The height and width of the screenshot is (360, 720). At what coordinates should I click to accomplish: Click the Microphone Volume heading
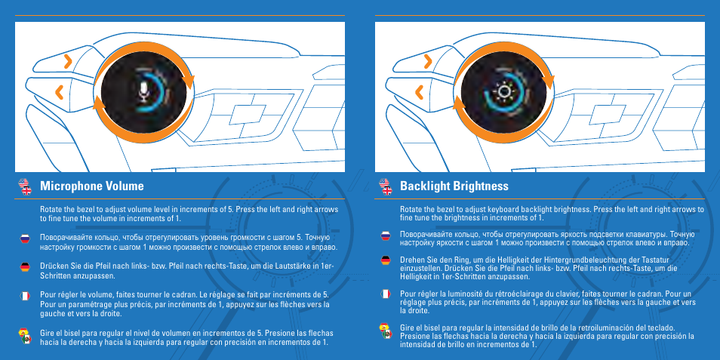91,186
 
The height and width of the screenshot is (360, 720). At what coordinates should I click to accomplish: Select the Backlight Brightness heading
454,186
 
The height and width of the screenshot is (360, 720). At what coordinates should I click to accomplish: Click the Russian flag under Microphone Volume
24,238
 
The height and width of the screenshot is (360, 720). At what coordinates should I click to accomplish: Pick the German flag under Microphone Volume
24,266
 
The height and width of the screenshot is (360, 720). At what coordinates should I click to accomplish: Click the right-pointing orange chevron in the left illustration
67,60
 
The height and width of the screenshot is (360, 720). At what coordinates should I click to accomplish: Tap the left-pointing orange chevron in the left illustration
60,91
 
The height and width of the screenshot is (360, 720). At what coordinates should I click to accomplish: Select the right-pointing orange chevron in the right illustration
426,60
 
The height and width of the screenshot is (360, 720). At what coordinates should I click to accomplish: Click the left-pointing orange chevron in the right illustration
420,91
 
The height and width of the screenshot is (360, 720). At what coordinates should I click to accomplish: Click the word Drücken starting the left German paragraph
54,267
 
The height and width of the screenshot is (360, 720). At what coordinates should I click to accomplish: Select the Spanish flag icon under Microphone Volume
24,334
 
